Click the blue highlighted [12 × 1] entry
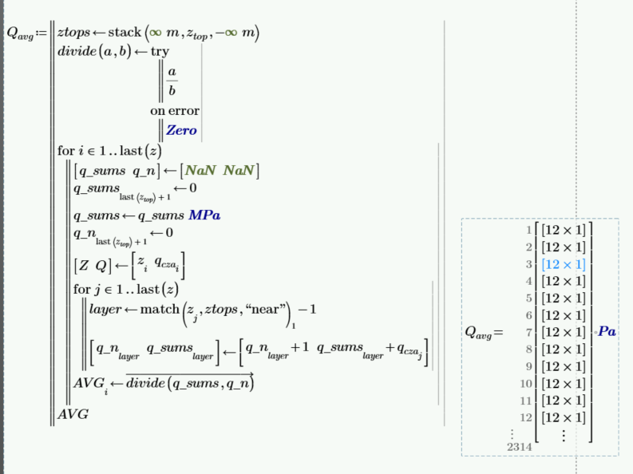pos(564,264)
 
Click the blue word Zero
pos(181,130)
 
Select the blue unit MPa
pos(205,215)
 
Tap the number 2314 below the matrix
pos(519,448)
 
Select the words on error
pos(174,111)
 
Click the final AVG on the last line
pos(73,415)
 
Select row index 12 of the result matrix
pos(526,417)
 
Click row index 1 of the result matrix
pos(528,230)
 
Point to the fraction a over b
pos(172,81)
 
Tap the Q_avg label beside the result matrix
pos(481,331)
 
